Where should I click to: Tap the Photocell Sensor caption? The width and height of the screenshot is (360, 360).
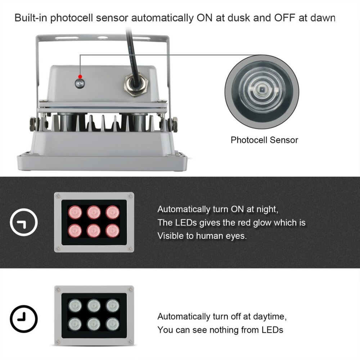click(x=264, y=140)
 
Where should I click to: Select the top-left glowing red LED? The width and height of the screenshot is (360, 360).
click(x=75, y=212)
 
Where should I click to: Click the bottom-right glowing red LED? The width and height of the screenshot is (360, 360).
click(x=113, y=230)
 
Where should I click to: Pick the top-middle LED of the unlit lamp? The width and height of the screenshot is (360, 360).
click(x=94, y=306)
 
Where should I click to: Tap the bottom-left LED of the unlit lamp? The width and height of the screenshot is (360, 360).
click(x=75, y=324)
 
